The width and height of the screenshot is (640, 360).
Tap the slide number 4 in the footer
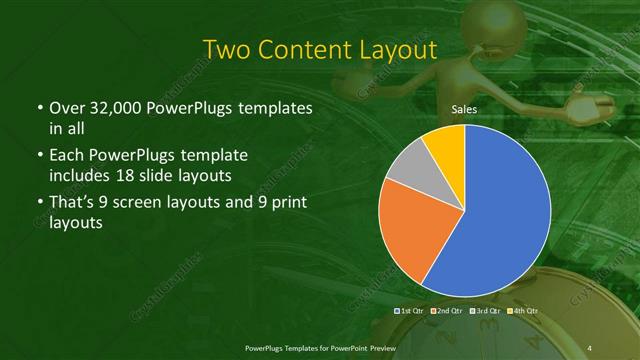point(591,346)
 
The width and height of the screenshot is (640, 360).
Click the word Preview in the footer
point(376,346)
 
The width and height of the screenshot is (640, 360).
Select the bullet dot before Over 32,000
point(38,108)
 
